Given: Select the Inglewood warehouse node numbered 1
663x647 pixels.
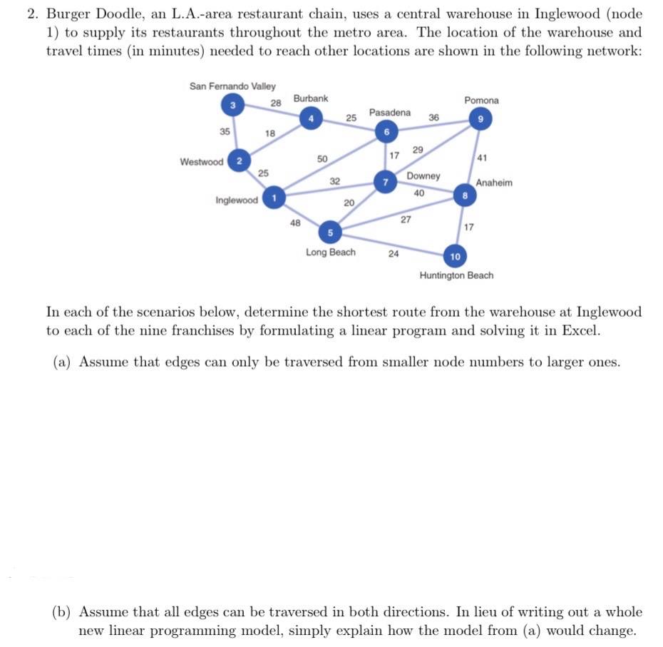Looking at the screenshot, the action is click(x=273, y=198).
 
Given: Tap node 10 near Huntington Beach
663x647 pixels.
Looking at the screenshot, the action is click(x=456, y=255).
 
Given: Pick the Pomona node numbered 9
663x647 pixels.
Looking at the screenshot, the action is click(x=480, y=119).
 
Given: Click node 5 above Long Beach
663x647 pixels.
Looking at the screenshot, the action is click(x=329, y=232).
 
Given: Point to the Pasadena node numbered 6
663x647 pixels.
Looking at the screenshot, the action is click(x=386, y=133).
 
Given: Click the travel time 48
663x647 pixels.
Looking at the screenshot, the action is click(x=294, y=223).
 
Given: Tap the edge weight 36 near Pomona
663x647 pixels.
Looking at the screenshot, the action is click(x=434, y=117).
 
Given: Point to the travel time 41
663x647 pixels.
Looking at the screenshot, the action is click(x=482, y=157).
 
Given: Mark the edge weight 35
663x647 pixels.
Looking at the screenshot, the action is click(x=225, y=131).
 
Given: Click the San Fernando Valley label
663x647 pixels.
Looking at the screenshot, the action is click(x=232, y=86).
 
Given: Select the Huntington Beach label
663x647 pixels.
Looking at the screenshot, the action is click(x=456, y=275).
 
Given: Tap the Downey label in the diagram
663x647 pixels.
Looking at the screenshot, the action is click(x=423, y=176).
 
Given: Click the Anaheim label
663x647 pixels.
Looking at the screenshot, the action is click(x=494, y=183).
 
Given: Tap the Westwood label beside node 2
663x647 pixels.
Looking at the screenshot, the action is click(x=201, y=162).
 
